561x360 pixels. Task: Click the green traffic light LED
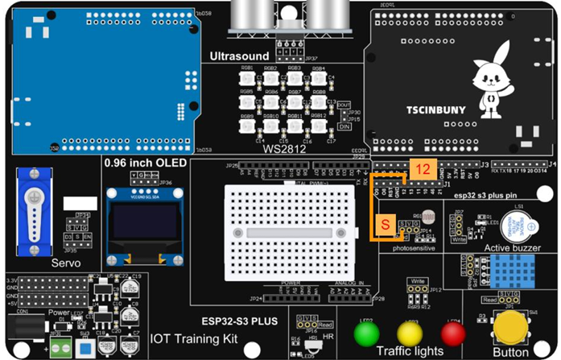[x=367, y=332]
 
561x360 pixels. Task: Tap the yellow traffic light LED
[x=410, y=332]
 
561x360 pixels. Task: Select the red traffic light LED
[x=452, y=332]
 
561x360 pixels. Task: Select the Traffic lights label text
[x=410, y=351]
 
